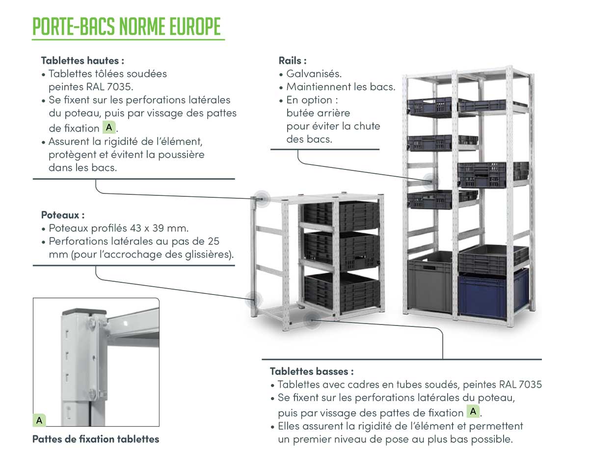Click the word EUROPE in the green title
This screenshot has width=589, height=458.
tap(195, 27)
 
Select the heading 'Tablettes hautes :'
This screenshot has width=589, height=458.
tap(82, 60)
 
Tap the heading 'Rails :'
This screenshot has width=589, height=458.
tap(293, 60)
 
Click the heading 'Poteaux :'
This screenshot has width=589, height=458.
tap(63, 215)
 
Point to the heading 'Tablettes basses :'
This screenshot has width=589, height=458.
tap(312, 371)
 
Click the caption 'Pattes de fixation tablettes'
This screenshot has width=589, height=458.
tap(96, 439)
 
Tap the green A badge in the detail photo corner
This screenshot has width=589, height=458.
tap(39, 420)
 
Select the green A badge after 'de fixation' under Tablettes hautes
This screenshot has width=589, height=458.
tap(109, 127)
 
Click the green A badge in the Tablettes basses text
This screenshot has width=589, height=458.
tap(473, 411)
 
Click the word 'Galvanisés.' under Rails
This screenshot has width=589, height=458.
tap(314, 74)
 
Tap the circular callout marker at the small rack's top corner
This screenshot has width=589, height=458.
tap(262, 199)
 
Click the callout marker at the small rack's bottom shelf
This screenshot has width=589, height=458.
tap(312, 321)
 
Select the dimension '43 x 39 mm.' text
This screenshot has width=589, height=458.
tap(159, 228)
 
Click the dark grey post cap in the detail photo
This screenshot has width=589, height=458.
tap(84, 312)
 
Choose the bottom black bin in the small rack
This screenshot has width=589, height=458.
tap(342, 292)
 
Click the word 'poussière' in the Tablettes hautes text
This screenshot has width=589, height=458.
tap(181, 155)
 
